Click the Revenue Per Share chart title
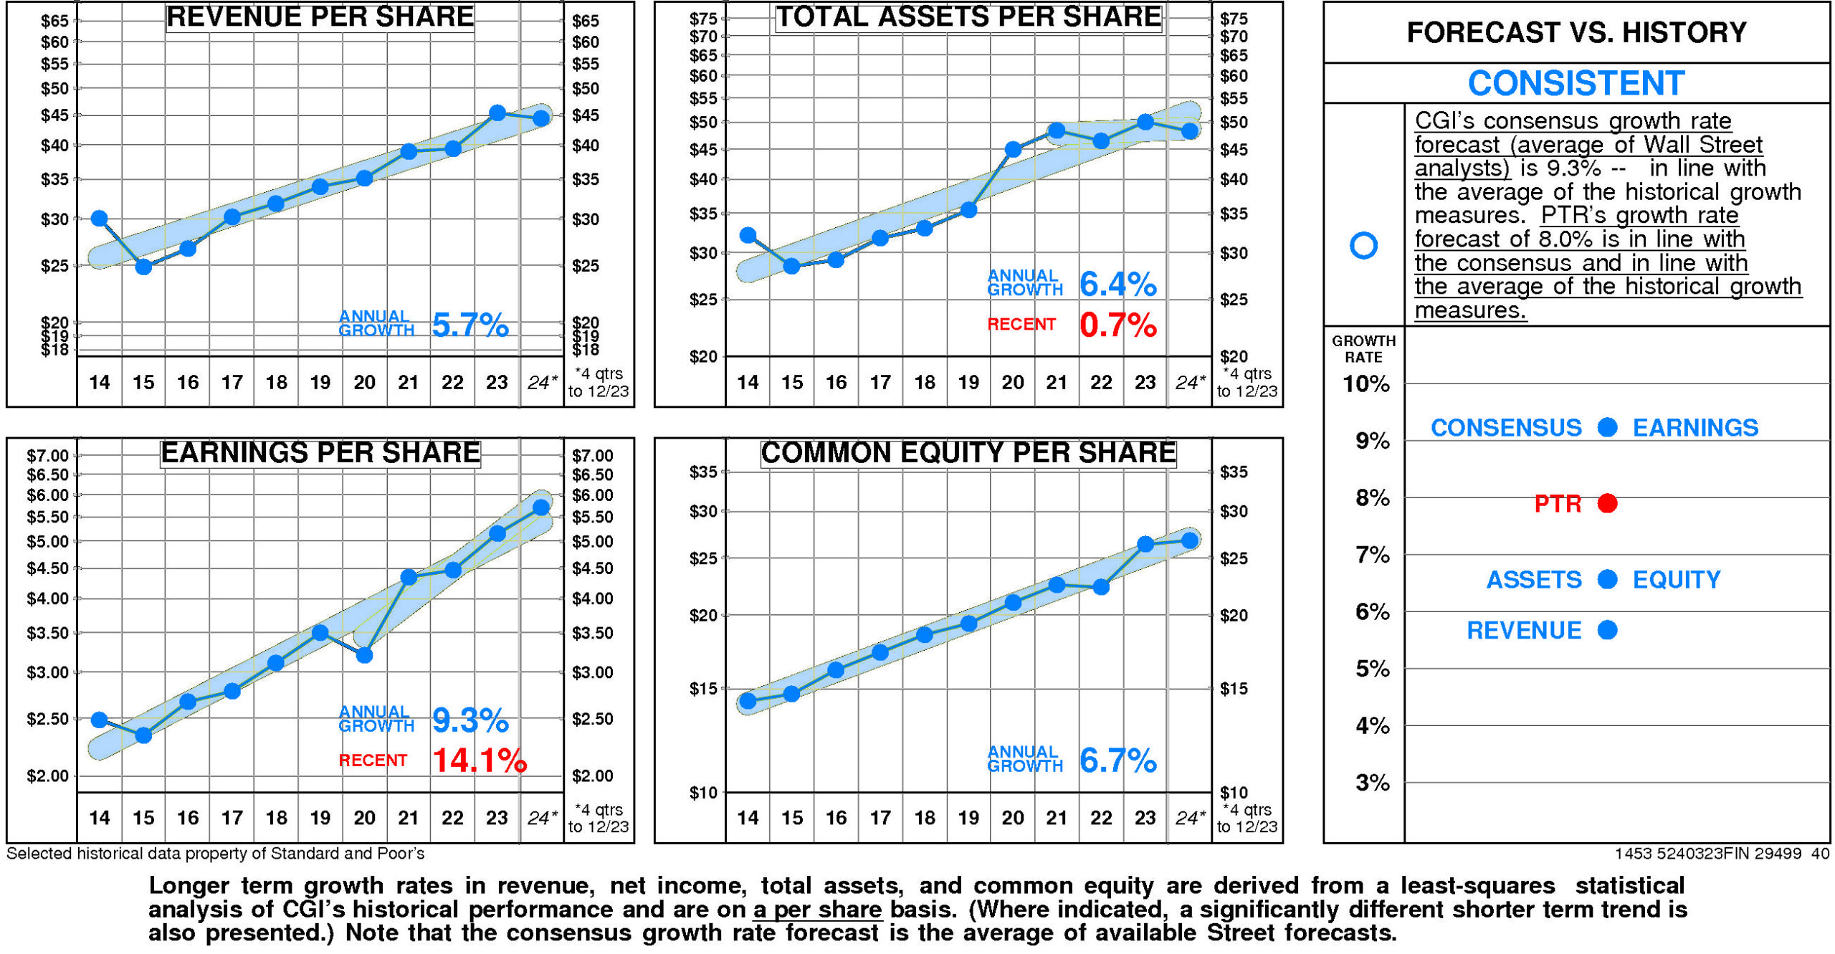pos(320,17)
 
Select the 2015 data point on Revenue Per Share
pos(143,267)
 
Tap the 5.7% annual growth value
pos(470,325)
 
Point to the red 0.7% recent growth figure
pos(1117,325)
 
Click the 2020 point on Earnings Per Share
pos(364,654)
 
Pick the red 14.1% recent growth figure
pos(479,760)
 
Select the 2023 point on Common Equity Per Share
pos(1145,544)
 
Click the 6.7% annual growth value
pos(1117,760)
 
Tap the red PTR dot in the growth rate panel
pos(1607,503)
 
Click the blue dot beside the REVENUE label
pos(1607,630)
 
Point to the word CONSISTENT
pos(1576,83)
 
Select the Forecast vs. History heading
pos(1576,32)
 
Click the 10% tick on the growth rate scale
pos(1365,384)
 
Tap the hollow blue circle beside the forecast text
pos(1363,245)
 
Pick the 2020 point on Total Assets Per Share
pos(1012,150)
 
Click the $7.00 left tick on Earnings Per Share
pos(48,456)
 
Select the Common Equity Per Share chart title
pos(968,453)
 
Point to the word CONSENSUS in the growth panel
pos(1505,428)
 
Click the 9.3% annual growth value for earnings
pos(470,720)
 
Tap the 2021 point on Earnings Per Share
pos(409,577)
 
